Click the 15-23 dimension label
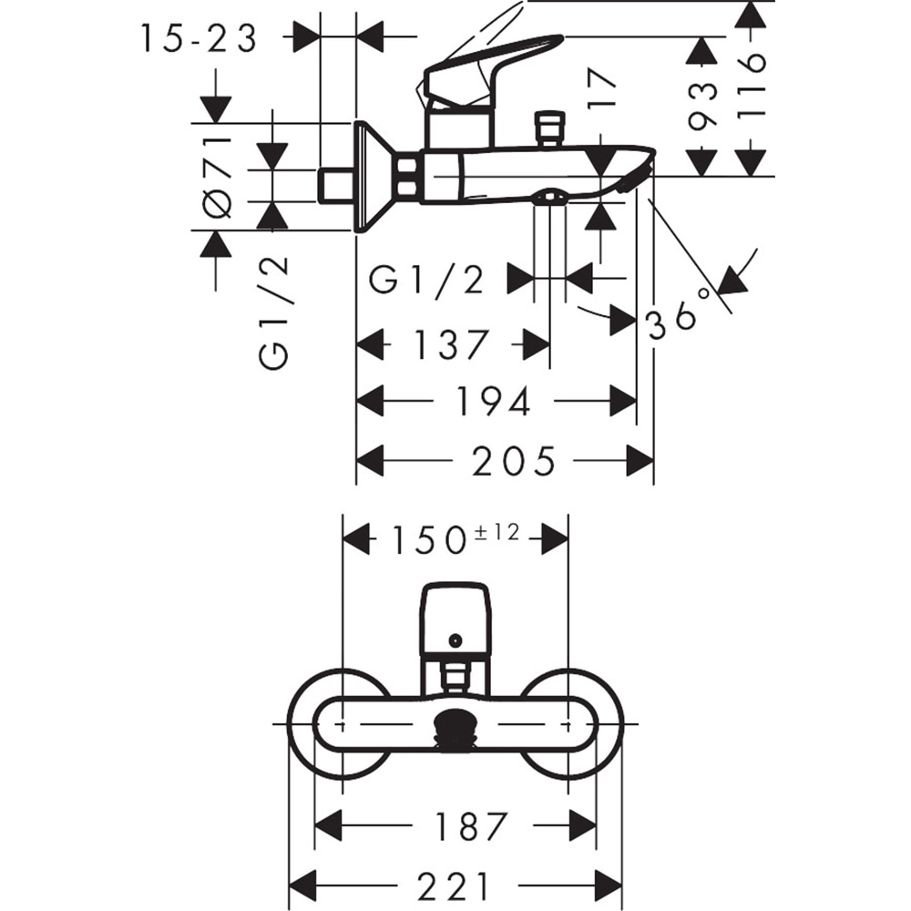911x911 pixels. coord(199,39)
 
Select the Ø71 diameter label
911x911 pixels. coord(218,177)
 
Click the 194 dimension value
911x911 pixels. coord(493,401)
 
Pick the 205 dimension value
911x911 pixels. coord(513,462)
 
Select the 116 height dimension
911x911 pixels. coord(752,87)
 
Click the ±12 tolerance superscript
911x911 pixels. coord(496,532)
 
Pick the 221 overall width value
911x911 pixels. coord(453,885)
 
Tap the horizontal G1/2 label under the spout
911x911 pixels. coord(426,280)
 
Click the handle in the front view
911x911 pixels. coord(455,619)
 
